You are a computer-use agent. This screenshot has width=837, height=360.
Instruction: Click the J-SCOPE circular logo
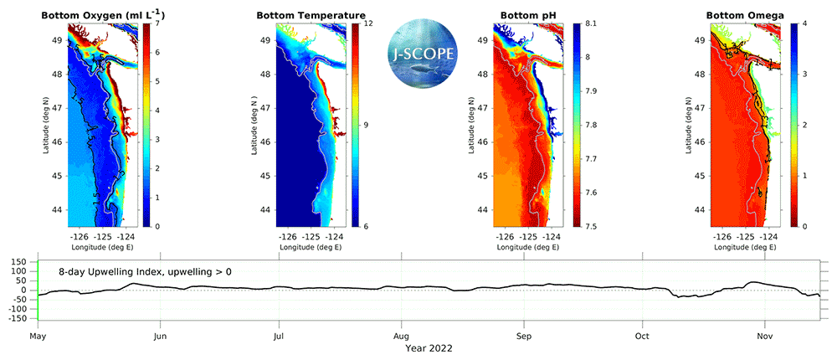[x=423, y=52]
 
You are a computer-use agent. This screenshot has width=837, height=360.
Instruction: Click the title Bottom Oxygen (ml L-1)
[x=101, y=15]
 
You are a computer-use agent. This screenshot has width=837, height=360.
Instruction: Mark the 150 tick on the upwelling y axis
[x=19, y=262]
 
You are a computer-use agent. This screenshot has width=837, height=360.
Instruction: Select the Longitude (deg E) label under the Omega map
[x=746, y=248]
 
